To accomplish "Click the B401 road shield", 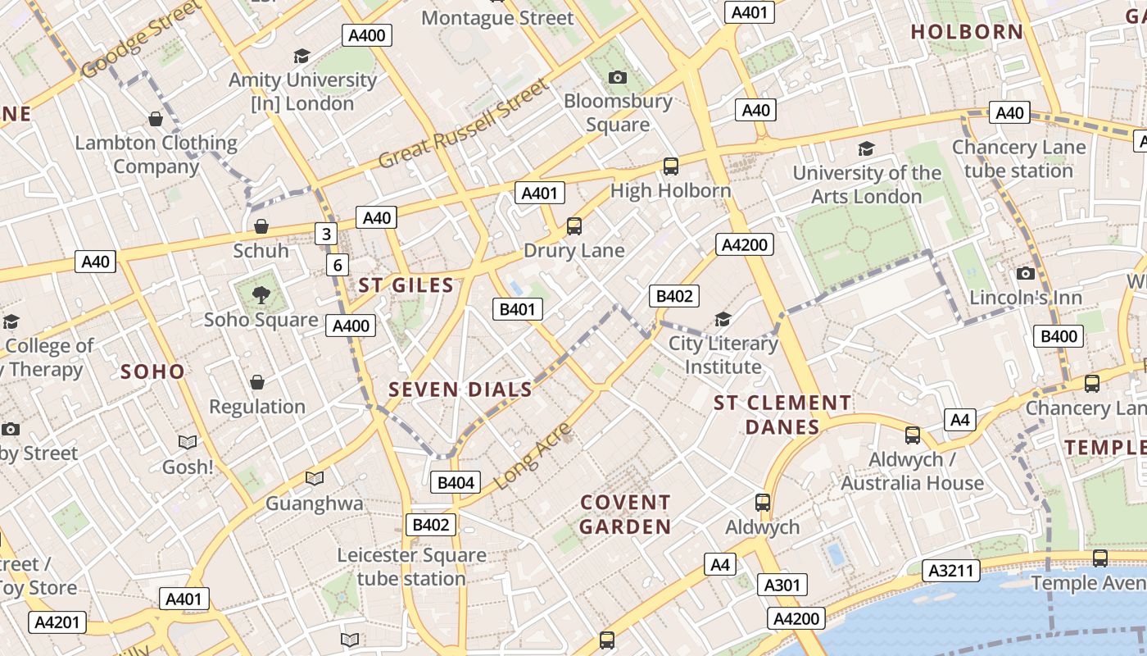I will [517, 309].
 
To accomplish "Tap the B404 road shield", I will [456, 482].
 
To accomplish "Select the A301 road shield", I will [782, 585].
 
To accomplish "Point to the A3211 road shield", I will [951, 571].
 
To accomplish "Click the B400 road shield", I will [1059, 335].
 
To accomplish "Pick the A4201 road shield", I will [57, 622].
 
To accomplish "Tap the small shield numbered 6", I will [337, 265].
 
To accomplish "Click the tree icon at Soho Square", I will [261, 294].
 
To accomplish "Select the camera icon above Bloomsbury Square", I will [618, 78].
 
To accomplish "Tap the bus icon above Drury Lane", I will [574, 225].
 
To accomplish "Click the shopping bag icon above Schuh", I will [261, 225].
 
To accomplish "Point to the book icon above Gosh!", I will [188, 442].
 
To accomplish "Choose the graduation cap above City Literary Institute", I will [723, 319].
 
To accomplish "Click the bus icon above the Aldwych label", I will [763, 502].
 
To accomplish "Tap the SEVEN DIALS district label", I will [460, 389].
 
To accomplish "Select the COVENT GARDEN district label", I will [625, 514].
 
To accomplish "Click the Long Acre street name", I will [533, 457].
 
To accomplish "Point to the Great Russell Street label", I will [463, 124].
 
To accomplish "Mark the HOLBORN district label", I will [967, 32].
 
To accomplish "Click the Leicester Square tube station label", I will [411, 567].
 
